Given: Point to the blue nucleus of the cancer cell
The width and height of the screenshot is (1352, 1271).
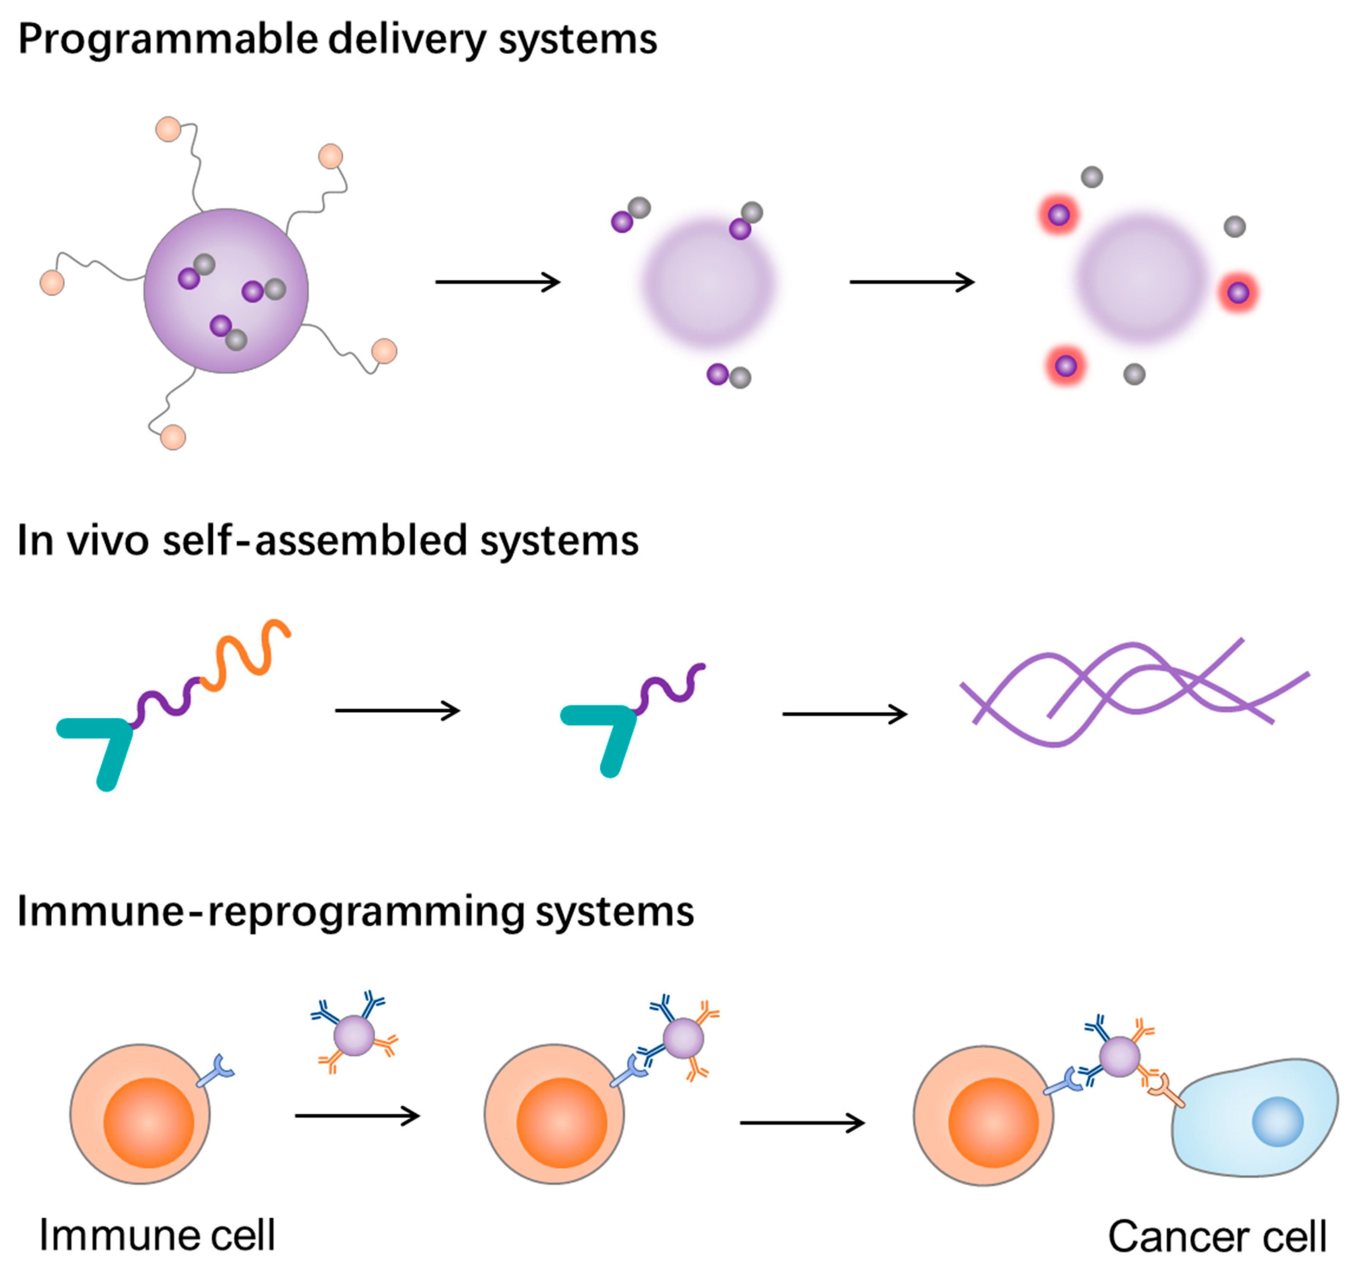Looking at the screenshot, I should pos(1277,1122).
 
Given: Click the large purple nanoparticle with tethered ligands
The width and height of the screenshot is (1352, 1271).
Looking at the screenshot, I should pos(226,291).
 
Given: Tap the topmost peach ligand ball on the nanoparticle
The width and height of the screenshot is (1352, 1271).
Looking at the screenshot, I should pos(168,129).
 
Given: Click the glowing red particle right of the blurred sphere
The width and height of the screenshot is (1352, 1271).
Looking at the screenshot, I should pos(1238,293).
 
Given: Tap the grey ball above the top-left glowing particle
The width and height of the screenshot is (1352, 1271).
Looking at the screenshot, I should pos(1091,177).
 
